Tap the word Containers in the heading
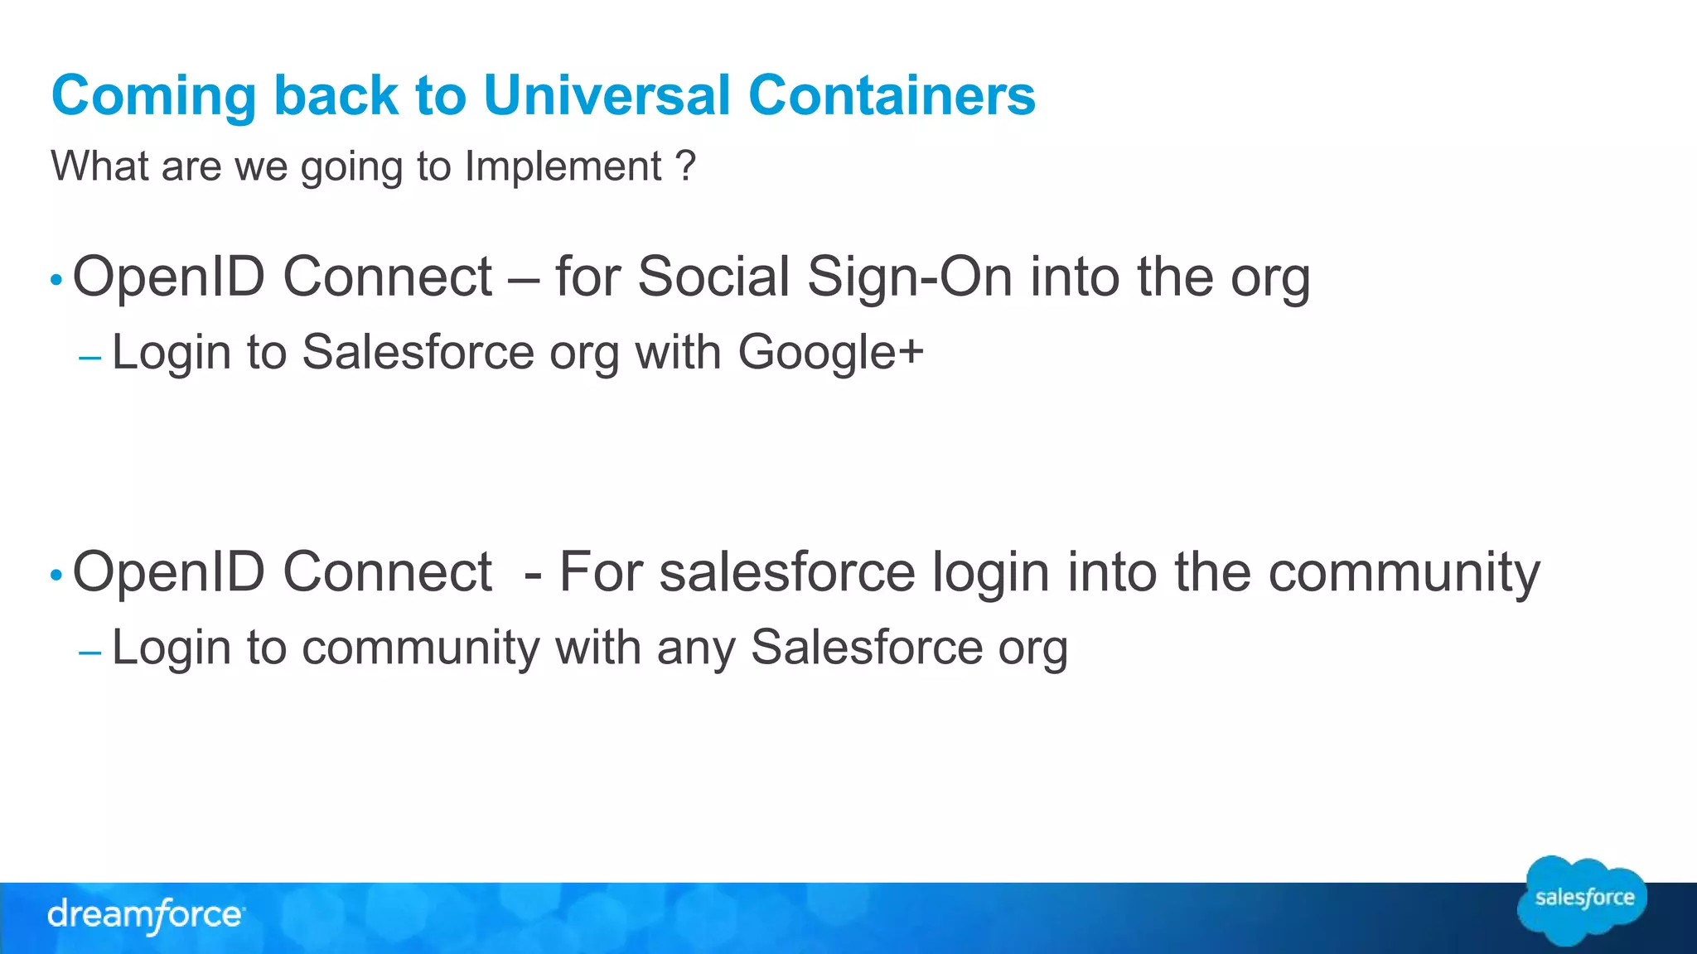[x=892, y=95]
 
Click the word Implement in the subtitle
[x=563, y=167]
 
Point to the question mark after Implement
[x=685, y=166]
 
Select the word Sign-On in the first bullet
[x=910, y=277]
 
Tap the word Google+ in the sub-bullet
[x=830, y=353]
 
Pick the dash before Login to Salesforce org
[x=89, y=359]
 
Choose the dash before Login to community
[x=89, y=653]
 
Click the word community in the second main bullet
[x=1404, y=573]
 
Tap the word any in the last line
[x=696, y=648]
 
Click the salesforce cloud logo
[x=1583, y=899]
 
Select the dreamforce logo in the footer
[x=146, y=915]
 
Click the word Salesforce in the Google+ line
[x=418, y=352]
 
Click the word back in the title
[x=336, y=95]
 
